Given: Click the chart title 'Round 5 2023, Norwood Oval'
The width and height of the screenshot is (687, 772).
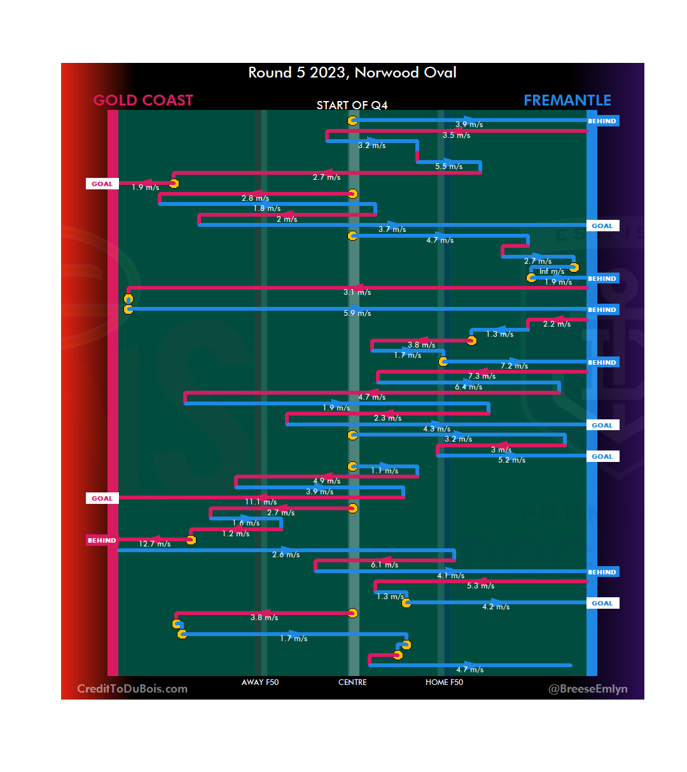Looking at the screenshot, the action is click(x=352, y=72).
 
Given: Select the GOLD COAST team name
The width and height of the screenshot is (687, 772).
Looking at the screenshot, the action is click(x=143, y=100).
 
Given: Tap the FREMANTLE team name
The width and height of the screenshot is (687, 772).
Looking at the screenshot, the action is click(x=567, y=100).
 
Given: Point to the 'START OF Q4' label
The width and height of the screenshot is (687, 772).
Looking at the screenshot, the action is click(x=352, y=105).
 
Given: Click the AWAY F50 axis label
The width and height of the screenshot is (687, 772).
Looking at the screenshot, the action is click(x=260, y=682).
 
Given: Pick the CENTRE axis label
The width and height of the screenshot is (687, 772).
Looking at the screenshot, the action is click(x=352, y=682).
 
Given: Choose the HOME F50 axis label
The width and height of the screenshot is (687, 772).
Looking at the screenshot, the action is click(x=444, y=682).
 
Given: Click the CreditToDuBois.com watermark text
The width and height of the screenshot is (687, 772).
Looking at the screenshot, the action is click(x=132, y=689).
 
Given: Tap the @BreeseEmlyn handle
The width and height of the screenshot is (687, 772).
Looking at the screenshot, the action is click(x=588, y=689).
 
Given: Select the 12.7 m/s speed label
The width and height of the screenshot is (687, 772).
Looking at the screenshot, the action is click(x=155, y=544).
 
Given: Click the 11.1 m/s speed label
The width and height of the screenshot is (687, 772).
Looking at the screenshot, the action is click(x=261, y=502).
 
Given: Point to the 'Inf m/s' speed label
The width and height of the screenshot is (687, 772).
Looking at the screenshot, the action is click(x=552, y=271).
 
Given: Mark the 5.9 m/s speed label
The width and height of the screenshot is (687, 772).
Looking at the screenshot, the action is click(x=357, y=313).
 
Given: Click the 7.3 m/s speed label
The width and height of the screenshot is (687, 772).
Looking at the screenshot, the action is click(x=482, y=376).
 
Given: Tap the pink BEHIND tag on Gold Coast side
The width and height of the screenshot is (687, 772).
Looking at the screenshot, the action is click(x=102, y=541).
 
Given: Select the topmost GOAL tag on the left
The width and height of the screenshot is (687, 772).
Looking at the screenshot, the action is click(x=102, y=184).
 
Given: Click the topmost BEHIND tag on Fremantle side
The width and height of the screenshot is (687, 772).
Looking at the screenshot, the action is click(x=602, y=121).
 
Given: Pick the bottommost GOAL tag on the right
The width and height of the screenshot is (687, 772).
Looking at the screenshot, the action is click(x=602, y=604).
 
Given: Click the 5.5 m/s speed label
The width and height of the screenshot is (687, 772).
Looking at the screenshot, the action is click(x=448, y=166).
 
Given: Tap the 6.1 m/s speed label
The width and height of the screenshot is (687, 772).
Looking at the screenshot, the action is click(x=384, y=565).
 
